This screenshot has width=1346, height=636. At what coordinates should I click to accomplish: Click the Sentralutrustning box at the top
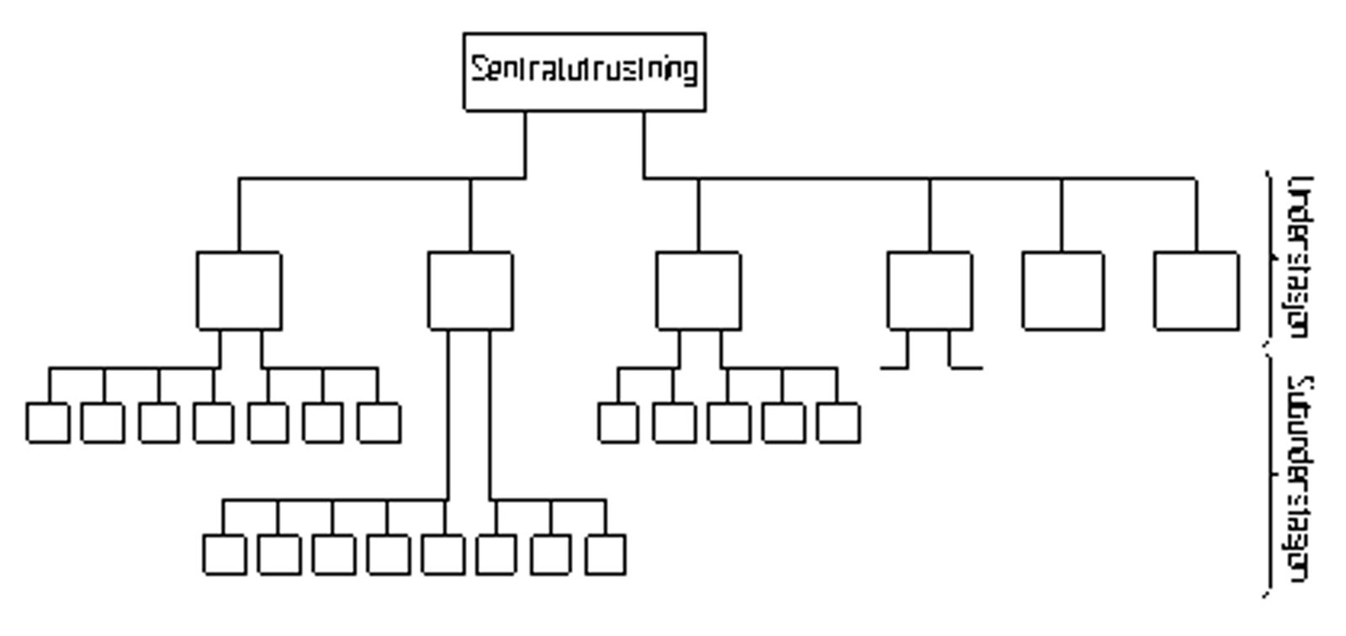click(584, 72)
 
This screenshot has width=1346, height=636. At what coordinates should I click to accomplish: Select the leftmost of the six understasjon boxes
click(239, 290)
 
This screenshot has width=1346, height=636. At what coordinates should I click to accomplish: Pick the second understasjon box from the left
click(470, 290)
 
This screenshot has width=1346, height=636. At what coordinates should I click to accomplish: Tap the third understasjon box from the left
click(698, 290)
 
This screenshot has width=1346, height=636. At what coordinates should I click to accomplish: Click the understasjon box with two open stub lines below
click(930, 290)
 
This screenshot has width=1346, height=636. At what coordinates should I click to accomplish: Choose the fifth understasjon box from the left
click(1062, 290)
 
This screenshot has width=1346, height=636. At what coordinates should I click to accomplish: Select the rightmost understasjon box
click(1196, 290)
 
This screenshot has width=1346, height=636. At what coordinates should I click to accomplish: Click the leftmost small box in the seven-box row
click(48, 422)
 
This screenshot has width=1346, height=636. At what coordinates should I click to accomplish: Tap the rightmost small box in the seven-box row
click(379, 422)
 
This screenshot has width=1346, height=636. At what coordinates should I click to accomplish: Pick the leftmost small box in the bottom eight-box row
click(225, 555)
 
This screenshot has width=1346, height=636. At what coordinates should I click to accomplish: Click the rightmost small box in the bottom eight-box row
click(606, 555)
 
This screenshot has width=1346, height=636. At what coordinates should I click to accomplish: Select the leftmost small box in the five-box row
click(618, 422)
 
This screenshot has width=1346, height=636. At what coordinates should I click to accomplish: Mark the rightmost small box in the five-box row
click(838, 422)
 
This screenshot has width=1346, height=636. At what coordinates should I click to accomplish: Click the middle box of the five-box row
click(729, 422)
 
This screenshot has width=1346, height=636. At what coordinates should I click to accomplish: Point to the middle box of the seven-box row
click(214, 422)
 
